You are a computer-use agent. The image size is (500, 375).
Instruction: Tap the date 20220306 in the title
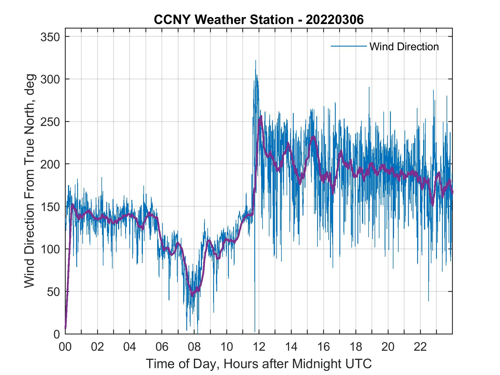(x=335, y=20)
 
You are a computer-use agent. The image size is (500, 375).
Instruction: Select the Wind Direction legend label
(x=404, y=47)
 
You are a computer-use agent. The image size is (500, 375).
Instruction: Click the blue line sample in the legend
(x=348, y=46)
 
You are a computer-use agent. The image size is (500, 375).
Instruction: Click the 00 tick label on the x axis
(x=65, y=347)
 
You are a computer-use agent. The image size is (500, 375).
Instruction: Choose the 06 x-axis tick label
(x=162, y=347)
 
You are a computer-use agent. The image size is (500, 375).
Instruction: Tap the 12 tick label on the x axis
(x=259, y=347)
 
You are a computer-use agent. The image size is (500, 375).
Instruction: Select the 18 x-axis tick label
(x=356, y=347)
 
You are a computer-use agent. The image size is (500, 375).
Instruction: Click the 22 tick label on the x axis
(x=421, y=347)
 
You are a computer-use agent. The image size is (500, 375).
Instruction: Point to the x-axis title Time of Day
(x=259, y=364)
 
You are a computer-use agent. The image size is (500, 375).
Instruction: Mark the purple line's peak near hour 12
(x=261, y=117)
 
